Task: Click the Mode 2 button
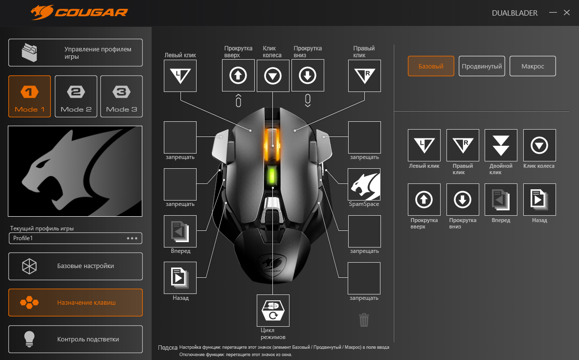(x=76, y=96)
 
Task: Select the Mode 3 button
(x=121, y=96)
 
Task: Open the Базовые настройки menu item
(x=75, y=266)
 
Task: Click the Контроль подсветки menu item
(x=75, y=339)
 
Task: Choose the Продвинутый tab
(x=482, y=66)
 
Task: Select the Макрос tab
(x=533, y=66)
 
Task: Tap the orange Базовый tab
(x=431, y=66)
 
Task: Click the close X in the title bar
(x=567, y=13)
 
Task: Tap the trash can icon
(x=364, y=320)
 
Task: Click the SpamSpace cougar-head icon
(x=364, y=184)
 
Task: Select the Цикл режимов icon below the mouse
(x=273, y=311)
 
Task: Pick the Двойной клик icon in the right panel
(x=501, y=145)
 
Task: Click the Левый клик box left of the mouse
(x=180, y=76)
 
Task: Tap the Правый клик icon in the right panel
(x=463, y=145)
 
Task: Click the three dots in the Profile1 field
(x=133, y=238)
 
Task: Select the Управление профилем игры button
(x=75, y=53)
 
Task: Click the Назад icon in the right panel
(x=539, y=200)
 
